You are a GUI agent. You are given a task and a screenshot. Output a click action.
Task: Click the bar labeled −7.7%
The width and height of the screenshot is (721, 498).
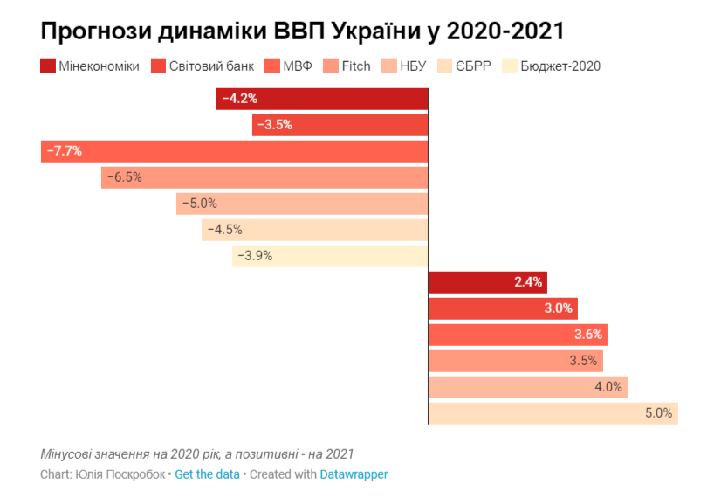(234, 151)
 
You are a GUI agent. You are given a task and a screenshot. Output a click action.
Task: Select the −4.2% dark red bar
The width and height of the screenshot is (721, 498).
(322, 99)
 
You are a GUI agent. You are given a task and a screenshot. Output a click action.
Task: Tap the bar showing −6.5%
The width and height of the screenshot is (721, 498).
(264, 177)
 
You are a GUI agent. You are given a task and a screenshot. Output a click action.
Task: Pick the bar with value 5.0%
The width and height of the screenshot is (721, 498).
(553, 413)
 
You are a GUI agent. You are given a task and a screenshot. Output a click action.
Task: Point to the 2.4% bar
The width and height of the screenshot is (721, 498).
(487, 282)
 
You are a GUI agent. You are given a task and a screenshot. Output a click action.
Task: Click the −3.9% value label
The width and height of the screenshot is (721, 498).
(255, 256)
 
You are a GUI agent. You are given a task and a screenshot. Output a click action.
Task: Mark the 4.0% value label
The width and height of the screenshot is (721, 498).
(608, 387)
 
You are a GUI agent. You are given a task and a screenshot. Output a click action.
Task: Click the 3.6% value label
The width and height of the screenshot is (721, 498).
(587, 335)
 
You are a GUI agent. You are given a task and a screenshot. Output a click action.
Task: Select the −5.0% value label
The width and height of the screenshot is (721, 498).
(199, 204)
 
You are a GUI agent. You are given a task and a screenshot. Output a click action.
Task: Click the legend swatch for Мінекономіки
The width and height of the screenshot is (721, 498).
(48, 66)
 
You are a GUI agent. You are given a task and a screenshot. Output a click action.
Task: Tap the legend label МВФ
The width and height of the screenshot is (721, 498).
(298, 66)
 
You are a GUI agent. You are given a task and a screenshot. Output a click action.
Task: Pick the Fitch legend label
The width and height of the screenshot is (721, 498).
(356, 66)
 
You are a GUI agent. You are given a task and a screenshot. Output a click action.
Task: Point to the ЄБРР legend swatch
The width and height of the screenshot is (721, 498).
(445, 66)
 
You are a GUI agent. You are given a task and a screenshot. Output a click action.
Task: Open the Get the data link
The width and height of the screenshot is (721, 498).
(207, 474)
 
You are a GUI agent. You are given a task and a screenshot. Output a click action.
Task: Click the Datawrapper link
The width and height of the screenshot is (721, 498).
(354, 474)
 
